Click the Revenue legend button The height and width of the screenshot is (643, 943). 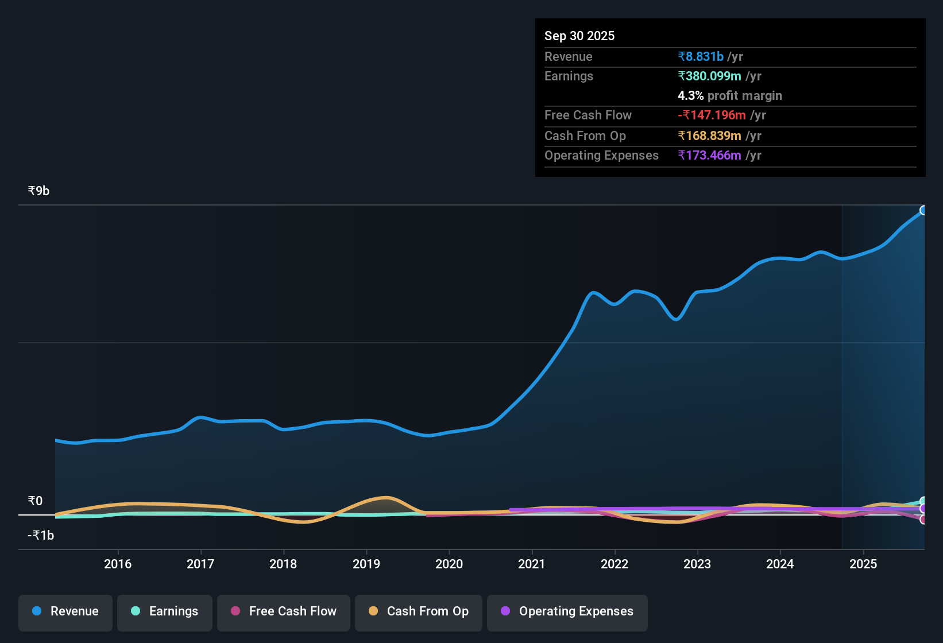pyautogui.click(x=65, y=611)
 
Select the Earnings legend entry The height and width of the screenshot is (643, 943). pyautogui.click(x=165, y=611)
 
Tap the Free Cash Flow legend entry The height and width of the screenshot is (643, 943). pyautogui.click(x=284, y=611)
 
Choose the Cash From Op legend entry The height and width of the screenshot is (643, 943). pyautogui.click(x=419, y=611)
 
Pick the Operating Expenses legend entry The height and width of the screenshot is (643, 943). pyautogui.click(x=567, y=611)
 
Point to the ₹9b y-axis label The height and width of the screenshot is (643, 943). pyautogui.click(x=39, y=191)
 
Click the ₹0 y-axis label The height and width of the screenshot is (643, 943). pyautogui.click(x=36, y=501)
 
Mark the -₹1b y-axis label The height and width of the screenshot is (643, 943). pyautogui.click(x=41, y=536)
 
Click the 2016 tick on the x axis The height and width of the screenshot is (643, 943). pyautogui.click(x=118, y=564)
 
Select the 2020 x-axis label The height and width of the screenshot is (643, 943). pyautogui.click(x=449, y=564)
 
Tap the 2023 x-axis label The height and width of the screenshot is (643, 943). pyautogui.click(x=697, y=564)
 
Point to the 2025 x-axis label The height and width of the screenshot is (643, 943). pyautogui.click(x=863, y=564)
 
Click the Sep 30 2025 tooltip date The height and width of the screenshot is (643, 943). pyautogui.click(x=579, y=36)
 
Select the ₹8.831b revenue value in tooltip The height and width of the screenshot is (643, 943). pyautogui.click(x=701, y=57)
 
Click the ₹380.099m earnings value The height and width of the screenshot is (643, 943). pyautogui.click(x=710, y=76)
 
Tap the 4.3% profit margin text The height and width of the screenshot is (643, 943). pyautogui.click(x=730, y=96)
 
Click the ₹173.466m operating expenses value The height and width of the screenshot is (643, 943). pyautogui.click(x=710, y=156)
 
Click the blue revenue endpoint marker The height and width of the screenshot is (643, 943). pyautogui.click(x=923, y=210)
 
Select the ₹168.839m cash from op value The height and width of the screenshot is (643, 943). pyautogui.click(x=710, y=136)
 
